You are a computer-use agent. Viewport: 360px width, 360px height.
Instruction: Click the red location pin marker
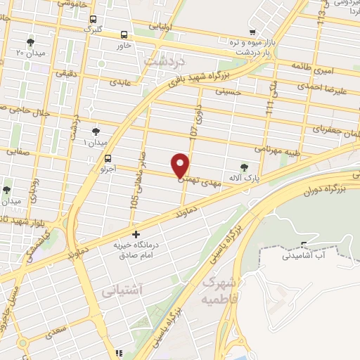pos(181,166)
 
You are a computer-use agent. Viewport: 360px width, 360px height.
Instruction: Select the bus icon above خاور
pos(124,34)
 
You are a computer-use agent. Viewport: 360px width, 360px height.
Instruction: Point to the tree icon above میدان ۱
pos(96,131)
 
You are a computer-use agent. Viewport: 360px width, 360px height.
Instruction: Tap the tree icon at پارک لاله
pos(244,167)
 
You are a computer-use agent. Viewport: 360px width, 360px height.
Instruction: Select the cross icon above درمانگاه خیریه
pos(136,234)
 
